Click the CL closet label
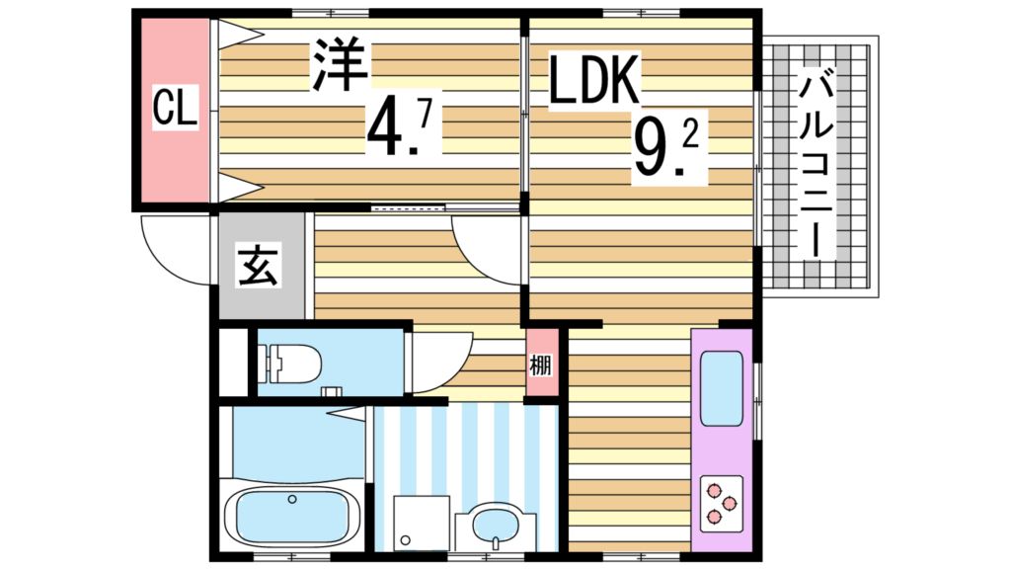(x=175, y=108)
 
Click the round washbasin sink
(x=494, y=524)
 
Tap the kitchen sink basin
(x=722, y=388)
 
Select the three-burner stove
(x=722, y=502)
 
